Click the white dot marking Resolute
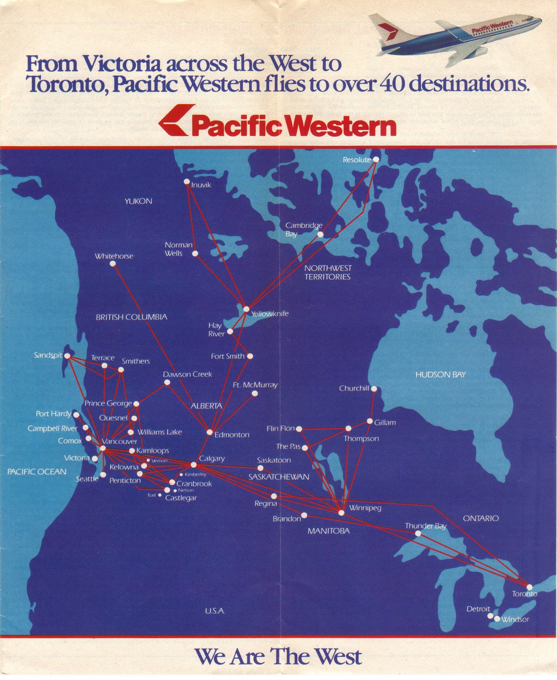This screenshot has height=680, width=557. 375,159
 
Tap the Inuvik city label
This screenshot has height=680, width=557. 201,185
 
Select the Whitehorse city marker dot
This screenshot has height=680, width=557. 113,263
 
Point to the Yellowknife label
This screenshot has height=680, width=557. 270,314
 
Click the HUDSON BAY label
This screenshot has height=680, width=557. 440,374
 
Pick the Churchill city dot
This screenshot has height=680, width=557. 374,389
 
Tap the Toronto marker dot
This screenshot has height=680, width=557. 529,587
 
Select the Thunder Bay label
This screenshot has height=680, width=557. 425,526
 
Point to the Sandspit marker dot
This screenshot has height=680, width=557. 67,356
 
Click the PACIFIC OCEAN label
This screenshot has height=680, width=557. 37,472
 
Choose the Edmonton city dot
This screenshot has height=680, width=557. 209,432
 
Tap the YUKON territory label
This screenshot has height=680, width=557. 138,201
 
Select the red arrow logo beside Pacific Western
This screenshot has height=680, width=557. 175,120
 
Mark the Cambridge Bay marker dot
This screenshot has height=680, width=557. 320,235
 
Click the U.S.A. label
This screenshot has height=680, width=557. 215,611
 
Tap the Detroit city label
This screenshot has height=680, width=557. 478,609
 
